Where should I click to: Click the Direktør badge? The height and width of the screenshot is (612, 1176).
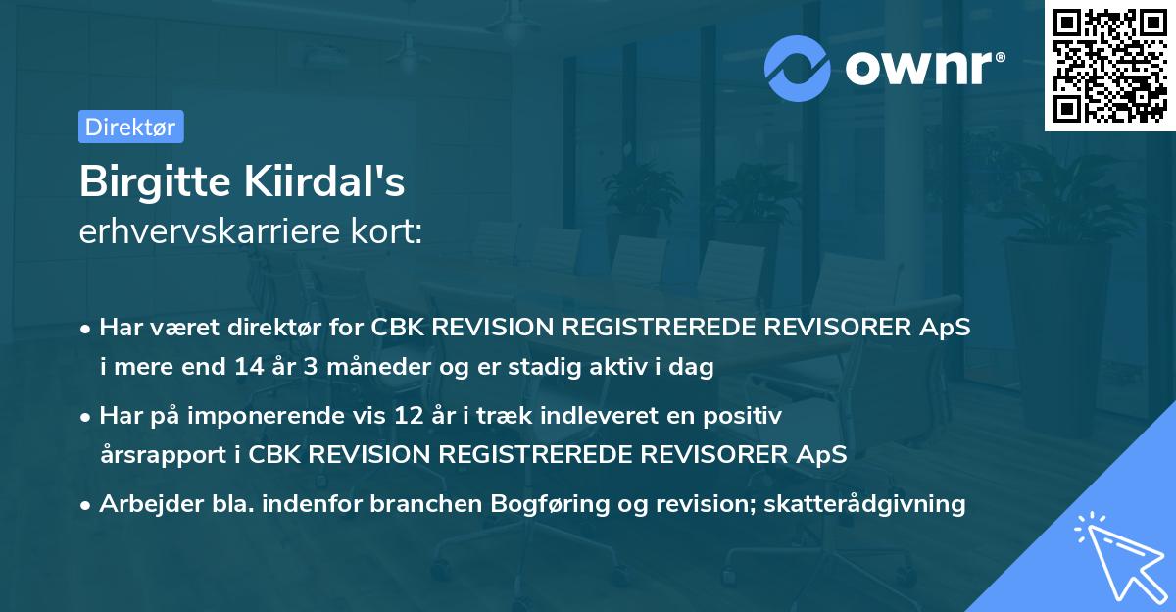[130, 127]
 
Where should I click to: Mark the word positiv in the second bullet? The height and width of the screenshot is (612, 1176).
[747, 416]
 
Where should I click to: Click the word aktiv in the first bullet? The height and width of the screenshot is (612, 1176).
[607, 368]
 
